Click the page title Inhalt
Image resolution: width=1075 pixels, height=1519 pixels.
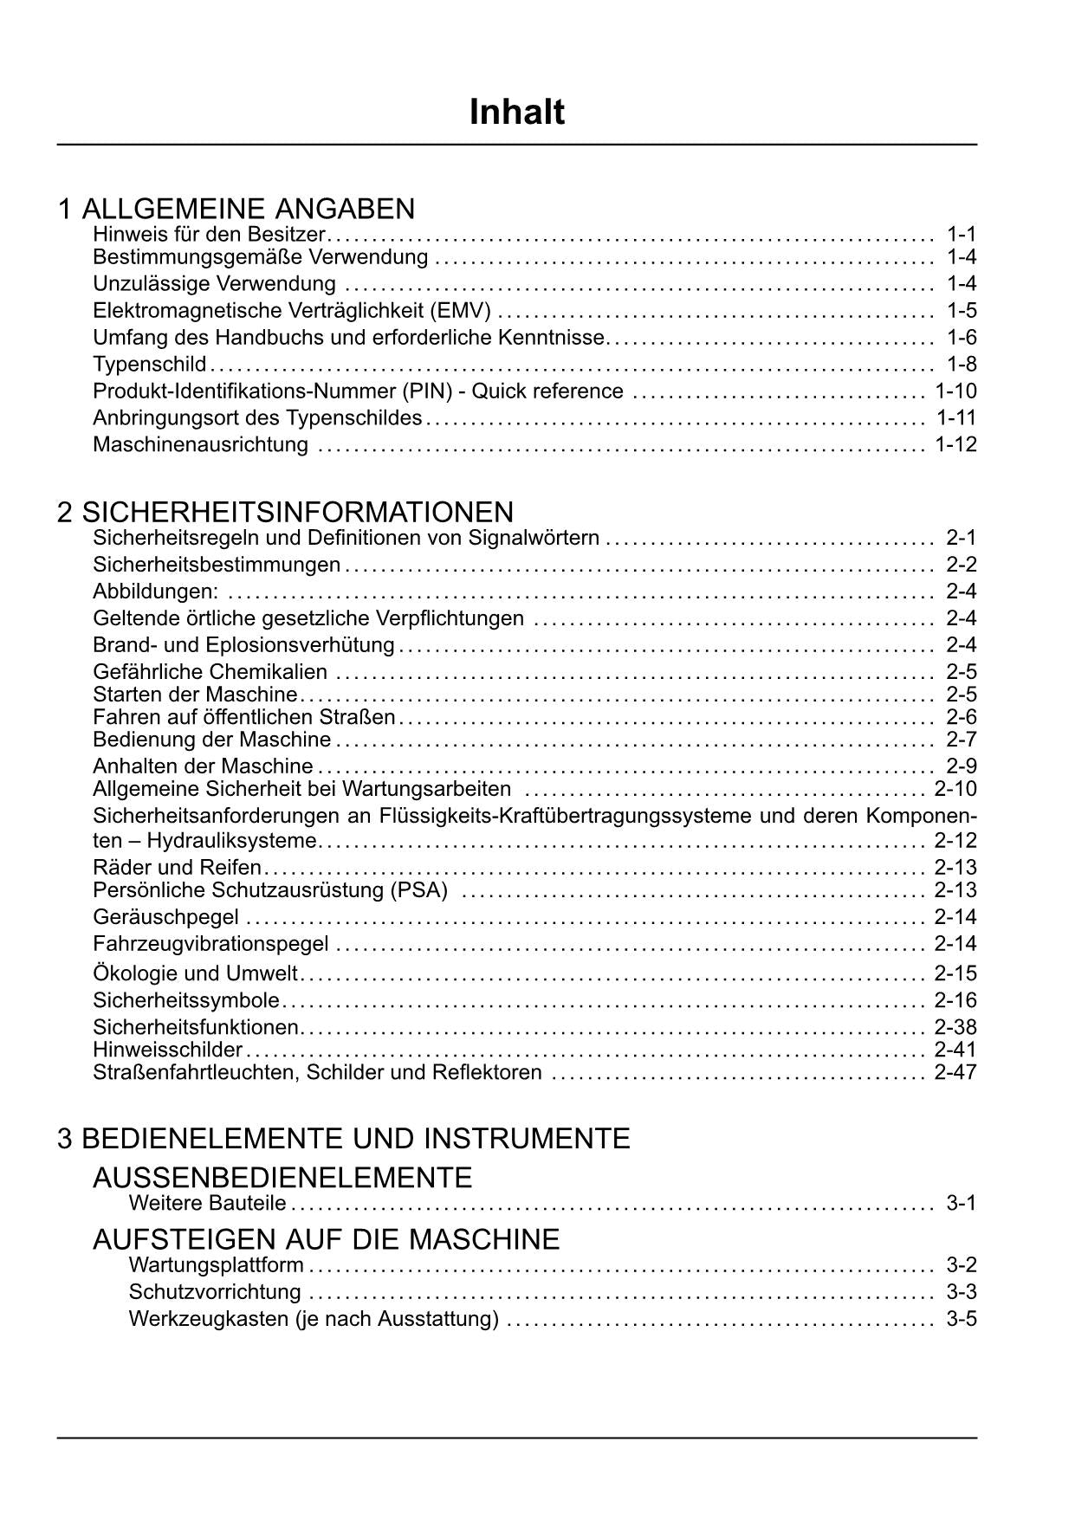(x=517, y=113)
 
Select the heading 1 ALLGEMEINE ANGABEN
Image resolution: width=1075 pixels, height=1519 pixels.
(x=236, y=209)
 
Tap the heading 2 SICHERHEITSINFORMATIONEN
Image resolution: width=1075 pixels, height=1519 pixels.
(x=285, y=512)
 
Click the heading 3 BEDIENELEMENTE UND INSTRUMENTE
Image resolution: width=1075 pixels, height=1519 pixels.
(x=344, y=1138)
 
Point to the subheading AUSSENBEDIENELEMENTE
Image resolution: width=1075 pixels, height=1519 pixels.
(x=282, y=1178)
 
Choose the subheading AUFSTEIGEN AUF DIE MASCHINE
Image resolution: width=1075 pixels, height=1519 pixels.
(x=326, y=1239)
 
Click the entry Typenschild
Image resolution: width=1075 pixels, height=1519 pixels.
(x=150, y=364)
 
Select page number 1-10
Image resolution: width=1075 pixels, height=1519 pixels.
(x=955, y=391)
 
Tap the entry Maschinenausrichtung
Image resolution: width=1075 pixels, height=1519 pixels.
(x=200, y=445)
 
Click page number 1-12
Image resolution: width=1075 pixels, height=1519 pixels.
(x=955, y=445)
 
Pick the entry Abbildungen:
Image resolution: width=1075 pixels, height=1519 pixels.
(x=156, y=591)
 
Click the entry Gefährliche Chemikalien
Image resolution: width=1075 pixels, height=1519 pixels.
(x=210, y=672)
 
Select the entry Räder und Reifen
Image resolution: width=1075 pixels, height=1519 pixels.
(x=177, y=867)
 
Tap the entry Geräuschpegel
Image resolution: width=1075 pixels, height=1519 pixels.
(x=165, y=917)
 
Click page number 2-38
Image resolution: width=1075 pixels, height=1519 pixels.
(x=955, y=1027)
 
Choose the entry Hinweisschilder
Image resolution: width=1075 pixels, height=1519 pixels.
(x=167, y=1050)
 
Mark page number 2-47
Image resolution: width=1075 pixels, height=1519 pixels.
(x=955, y=1072)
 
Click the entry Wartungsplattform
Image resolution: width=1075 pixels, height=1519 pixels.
(x=216, y=1265)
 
